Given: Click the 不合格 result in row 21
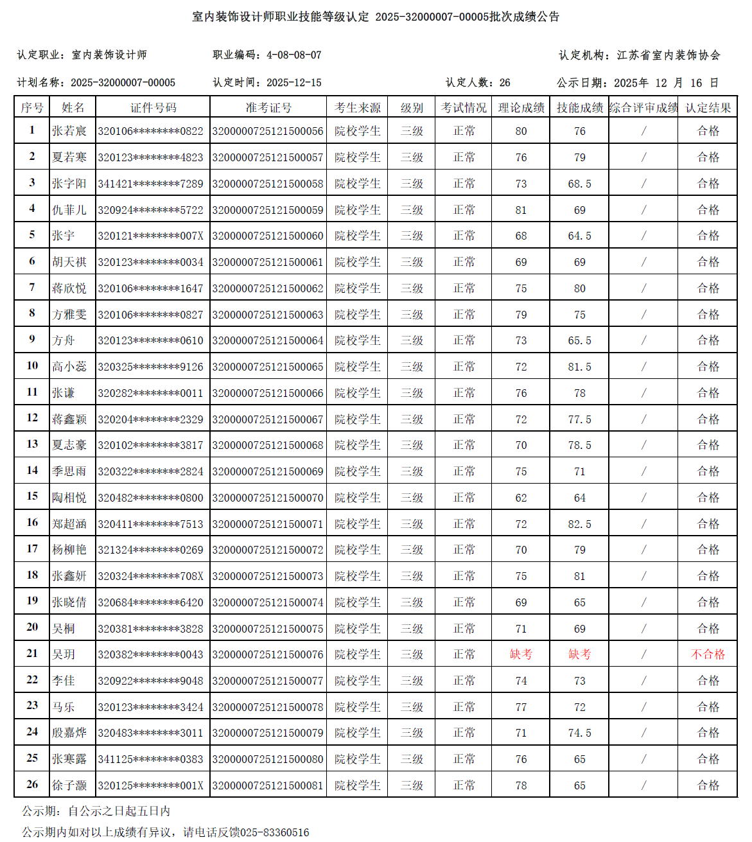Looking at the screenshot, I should [x=708, y=654].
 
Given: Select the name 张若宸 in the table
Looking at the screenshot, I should [x=69, y=131].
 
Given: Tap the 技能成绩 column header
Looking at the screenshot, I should [x=579, y=108].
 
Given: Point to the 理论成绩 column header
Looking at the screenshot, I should [x=521, y=108].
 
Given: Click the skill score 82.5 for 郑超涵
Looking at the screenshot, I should [x=579, y=524].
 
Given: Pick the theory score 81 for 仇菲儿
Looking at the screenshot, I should [x=521, y=210].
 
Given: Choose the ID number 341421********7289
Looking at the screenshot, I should [x=150, y=184].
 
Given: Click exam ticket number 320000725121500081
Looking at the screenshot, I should [x=268, y=785].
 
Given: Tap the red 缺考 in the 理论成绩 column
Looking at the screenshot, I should [x=521, y=654].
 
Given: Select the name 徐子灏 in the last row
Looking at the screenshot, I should [x=69, y=785].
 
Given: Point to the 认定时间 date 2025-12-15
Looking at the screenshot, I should [x=293, y=83].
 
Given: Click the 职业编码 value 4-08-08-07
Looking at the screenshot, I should [x=293, y=55].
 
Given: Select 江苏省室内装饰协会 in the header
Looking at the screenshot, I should [x=669, y=55].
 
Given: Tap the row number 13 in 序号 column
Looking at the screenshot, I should [x=32, y=444].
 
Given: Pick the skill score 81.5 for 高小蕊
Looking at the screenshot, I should [x=579, y=367].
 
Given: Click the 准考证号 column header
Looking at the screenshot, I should [x=268, y=108].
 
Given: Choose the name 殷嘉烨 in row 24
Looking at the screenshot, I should [x=69, y=733].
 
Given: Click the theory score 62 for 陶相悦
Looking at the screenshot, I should [x=521, y=498].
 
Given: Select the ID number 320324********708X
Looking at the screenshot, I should [x=150, y=576].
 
